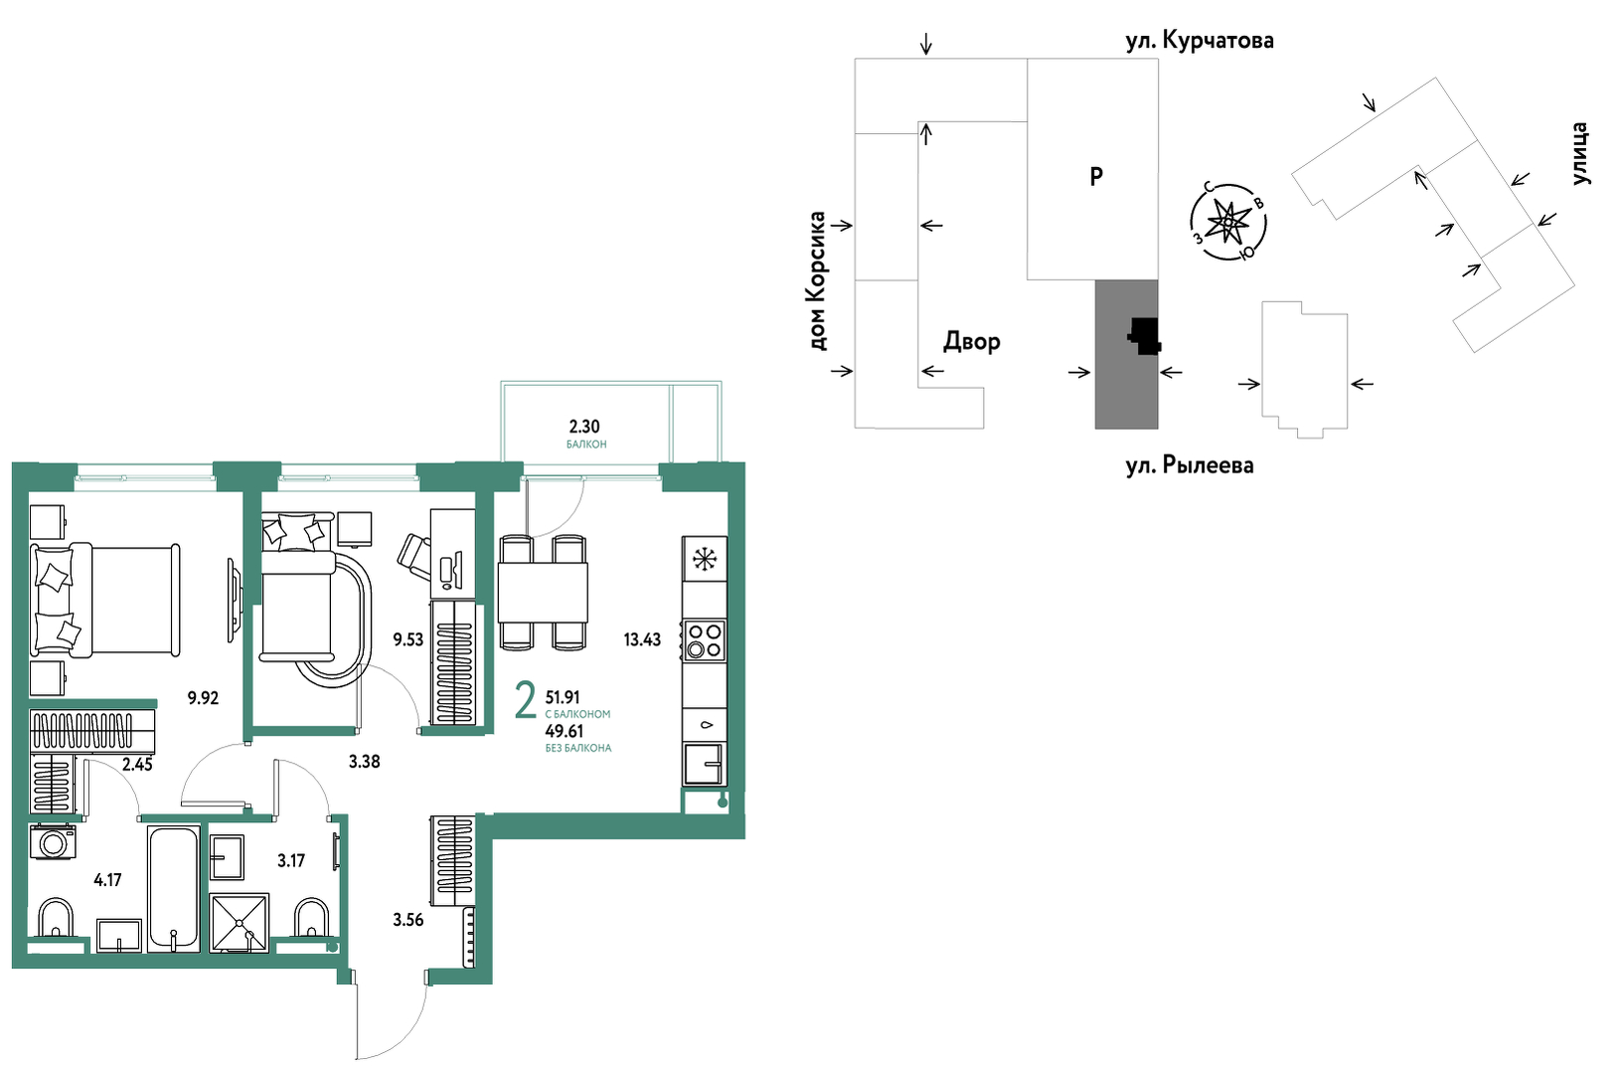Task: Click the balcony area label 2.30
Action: [584, 427]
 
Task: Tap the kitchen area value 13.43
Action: [642, 639]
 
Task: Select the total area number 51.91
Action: [563, 698]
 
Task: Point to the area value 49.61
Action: [564, 731]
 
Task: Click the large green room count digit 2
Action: [526, 702]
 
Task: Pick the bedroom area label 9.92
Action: [203, 698]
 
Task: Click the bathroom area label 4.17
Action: [107, 880]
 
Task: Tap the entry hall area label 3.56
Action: [407, 920]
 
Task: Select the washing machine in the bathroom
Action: [52, 842]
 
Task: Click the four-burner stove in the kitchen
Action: [705, 639]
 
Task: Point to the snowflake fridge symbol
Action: [704, 559]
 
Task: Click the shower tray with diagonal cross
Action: [239, 923]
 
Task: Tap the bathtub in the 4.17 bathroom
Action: [174, 889]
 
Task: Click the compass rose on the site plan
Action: [1228, 220]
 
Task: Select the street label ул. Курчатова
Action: [1200, 41]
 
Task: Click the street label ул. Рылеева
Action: [1190, 465]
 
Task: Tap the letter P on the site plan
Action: [1095, 176]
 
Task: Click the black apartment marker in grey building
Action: [1145, 336]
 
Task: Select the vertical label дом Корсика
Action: [817, 281]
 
